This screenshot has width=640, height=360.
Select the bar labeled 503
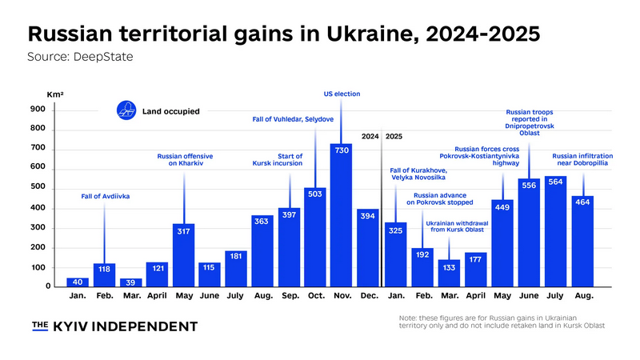[x=315, y=237]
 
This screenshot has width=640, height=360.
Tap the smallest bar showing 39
[x=131, y=282]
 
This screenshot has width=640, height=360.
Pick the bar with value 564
[x=556, y=230]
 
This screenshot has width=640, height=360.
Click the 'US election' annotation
[x=342, y=94]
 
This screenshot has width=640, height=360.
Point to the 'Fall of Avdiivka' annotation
[x=105, y=196]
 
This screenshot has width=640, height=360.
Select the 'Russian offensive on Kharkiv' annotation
[x=183, y=161]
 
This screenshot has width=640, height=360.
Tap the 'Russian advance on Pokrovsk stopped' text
[x=444, y=199]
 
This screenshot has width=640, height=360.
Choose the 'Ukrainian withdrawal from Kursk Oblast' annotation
[x=458, y=226]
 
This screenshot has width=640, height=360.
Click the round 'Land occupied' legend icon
[x=126, y=111]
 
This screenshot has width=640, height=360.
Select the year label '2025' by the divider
[x=394, y=137]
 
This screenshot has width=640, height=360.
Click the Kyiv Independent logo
[x=114, y=326]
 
